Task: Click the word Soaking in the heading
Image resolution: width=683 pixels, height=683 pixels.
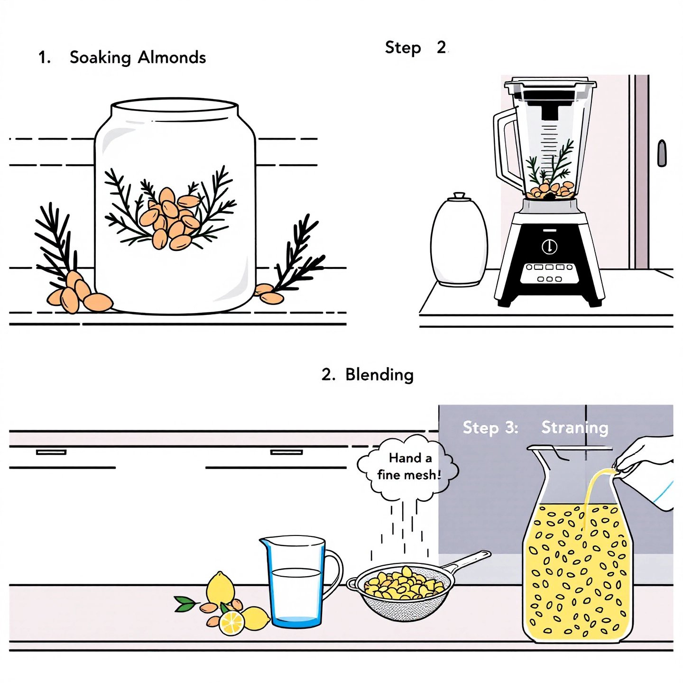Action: pos(100,58)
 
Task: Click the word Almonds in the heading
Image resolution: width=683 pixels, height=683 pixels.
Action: pos(172,57)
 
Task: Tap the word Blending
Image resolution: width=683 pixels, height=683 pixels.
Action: pos(379,375)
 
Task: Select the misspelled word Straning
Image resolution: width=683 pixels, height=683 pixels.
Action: pos(574,427)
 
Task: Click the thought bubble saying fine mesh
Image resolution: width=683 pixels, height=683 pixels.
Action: pos(408,467)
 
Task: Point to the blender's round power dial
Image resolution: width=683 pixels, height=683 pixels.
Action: pos(549,246)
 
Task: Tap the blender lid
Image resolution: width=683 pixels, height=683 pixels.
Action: pos(550,87)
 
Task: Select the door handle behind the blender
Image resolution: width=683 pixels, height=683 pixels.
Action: pos(662,153)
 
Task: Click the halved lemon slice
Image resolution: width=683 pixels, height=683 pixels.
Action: pos(231,623)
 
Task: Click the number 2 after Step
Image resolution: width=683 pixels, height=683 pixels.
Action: pos(441,47)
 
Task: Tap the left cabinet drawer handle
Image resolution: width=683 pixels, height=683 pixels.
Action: pos(51,452)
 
